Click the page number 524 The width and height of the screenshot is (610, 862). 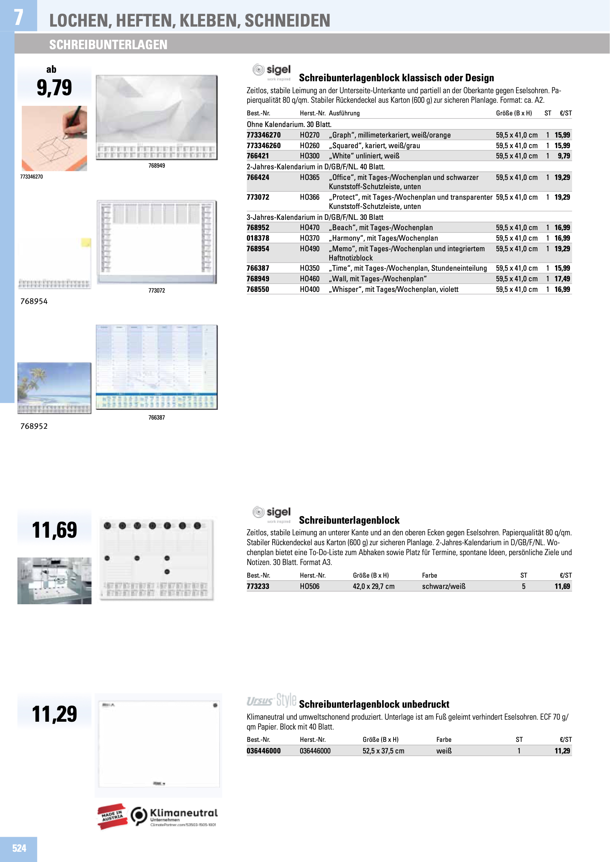tap(19, 848)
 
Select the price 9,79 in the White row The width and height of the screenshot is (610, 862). tap(564, 156)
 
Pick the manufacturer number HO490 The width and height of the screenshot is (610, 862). tap(309, 249)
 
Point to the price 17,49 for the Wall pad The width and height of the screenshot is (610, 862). tap(562, 279)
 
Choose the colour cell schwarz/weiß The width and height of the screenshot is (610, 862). tap(444, 587)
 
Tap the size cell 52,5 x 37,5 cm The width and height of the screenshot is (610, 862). tap(383, 751)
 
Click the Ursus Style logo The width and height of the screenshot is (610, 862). tap(271, 700)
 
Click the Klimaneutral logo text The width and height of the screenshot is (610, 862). tap(184, 813)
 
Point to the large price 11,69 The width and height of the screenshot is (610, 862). tap(54, 530)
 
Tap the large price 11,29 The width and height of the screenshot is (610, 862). tap(54, 714)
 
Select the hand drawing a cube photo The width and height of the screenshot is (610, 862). tap(54, 138)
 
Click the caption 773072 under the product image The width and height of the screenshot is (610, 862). tap(157, 290)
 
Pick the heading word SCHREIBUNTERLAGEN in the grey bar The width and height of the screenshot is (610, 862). tap(108, 45)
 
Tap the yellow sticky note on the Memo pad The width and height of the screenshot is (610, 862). tap(86, 242)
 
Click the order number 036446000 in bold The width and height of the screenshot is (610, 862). tap(263, 751)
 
